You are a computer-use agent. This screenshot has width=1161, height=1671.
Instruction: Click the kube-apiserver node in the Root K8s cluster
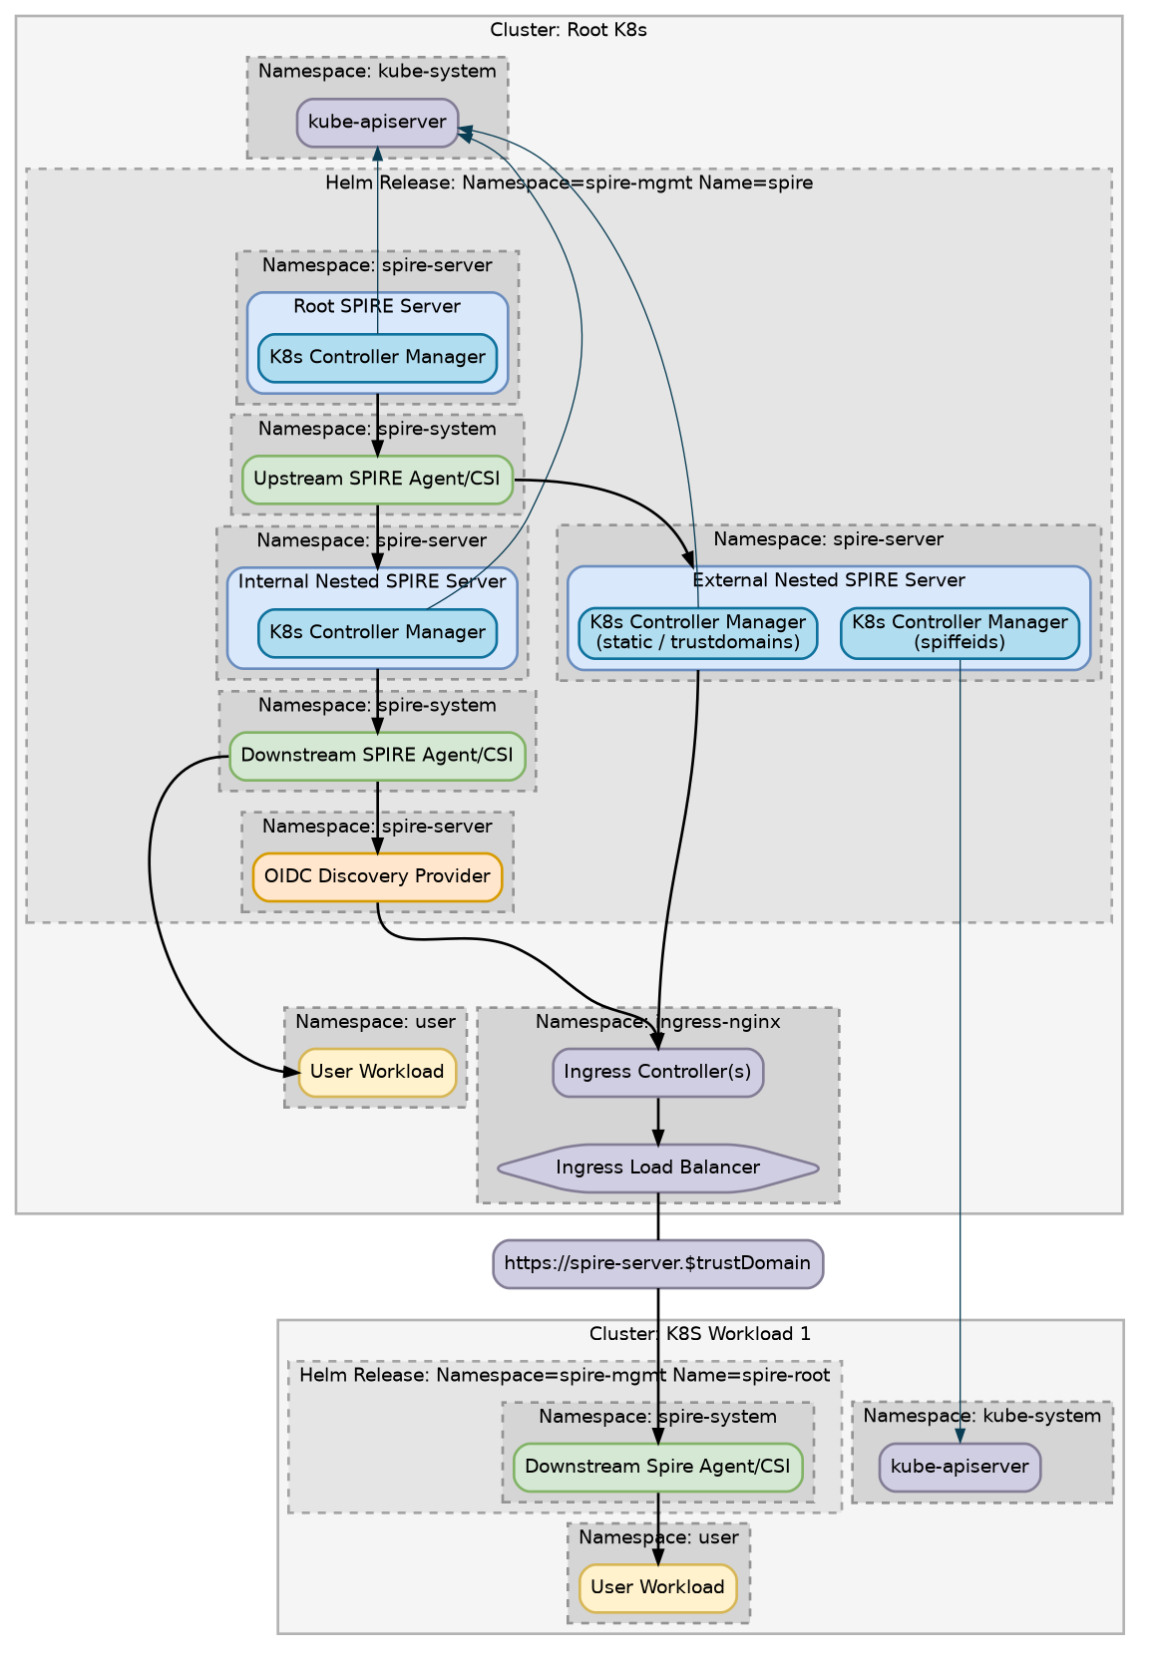tap(377, 123)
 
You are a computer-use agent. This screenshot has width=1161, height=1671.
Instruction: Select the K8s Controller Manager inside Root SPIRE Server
tap(377, 358)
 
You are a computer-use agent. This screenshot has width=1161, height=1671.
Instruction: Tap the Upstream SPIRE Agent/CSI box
tap(377, 480)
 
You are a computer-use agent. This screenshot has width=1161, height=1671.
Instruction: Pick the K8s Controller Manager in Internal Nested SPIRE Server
tap(377, 633)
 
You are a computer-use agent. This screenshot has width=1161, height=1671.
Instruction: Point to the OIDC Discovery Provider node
tap(377, 876)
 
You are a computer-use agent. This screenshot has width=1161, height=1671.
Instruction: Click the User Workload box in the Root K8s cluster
tap(377, 1072)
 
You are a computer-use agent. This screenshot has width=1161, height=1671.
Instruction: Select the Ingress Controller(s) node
tap(657, 1073)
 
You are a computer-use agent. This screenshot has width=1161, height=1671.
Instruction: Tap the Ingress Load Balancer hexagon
tap(657, 1168)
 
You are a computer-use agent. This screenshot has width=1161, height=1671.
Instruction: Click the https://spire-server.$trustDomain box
tap(657, 1264)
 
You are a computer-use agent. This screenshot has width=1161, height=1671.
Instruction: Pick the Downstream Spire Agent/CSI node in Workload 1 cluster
tap(657, 1467)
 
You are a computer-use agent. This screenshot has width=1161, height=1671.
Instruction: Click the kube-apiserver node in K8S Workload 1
tap(960, 1467)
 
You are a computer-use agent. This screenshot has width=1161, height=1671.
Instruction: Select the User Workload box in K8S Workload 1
tap(657, 1587)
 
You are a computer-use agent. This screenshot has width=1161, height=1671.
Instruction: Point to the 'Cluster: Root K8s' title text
tap(569, 30)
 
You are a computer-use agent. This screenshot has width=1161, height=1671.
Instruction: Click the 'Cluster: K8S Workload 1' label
tap(699, 1334)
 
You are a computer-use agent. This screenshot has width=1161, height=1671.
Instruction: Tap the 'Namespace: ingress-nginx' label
tap(657, 1022)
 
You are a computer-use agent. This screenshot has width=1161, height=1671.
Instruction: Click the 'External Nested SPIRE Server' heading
tap(828, 580)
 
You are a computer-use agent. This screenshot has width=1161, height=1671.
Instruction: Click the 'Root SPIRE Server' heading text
tap(377, 306)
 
